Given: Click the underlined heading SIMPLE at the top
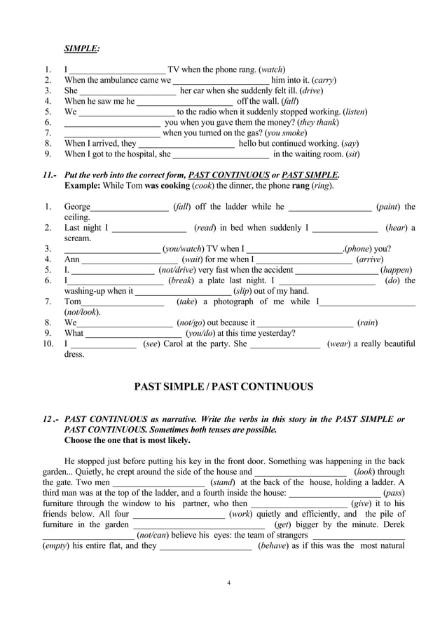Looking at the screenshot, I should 81,48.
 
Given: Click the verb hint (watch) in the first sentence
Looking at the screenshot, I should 272,70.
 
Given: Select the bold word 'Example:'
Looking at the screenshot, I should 83,186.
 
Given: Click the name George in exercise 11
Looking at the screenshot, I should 77,207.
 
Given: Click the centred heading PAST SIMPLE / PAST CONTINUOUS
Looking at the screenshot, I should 224,387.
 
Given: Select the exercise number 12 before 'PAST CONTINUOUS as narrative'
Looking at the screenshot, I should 48,420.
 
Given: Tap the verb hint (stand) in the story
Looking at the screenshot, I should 222,482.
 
